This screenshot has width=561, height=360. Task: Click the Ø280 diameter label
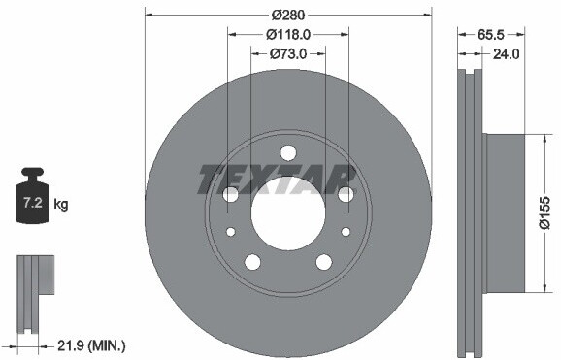[287, 15]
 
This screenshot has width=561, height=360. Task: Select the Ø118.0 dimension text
[288, 34]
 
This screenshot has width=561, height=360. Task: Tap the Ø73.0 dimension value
[288, 54]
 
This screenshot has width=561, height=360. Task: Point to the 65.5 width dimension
[491, 35]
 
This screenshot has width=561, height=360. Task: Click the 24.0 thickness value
[506, 54]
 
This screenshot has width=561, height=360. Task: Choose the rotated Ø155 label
[544, 213]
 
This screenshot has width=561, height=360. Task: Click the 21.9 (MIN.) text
[91, 345]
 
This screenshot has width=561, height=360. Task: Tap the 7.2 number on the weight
[33, 203]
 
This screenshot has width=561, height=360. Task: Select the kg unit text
[61, 205]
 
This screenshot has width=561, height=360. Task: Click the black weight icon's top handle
[32, 172]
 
